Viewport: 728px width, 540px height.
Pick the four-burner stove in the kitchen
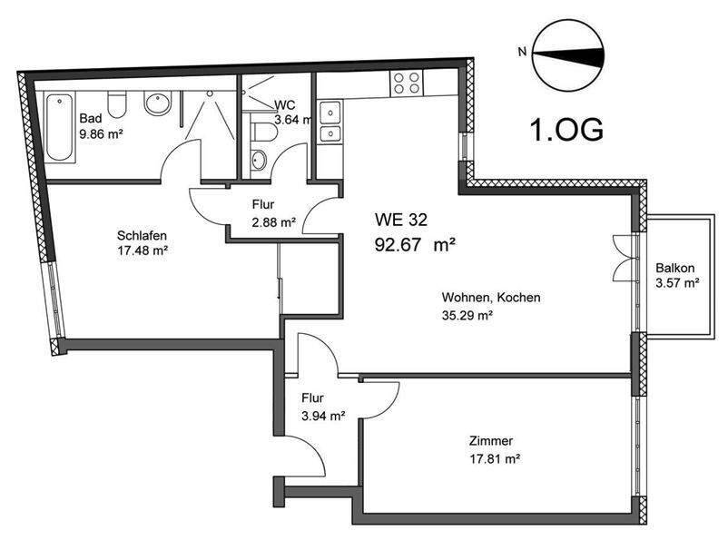[405, 83]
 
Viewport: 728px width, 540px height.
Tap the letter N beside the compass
[521, 52]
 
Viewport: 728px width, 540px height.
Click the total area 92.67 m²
[415, 243]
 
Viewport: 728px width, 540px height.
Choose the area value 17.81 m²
[494, 459]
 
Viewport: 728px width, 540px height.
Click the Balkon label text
[675, 268]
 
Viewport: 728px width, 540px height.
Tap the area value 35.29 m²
[467, 316]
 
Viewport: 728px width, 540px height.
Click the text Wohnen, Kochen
[491, 298]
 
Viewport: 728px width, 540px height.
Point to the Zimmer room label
[491, 441]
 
